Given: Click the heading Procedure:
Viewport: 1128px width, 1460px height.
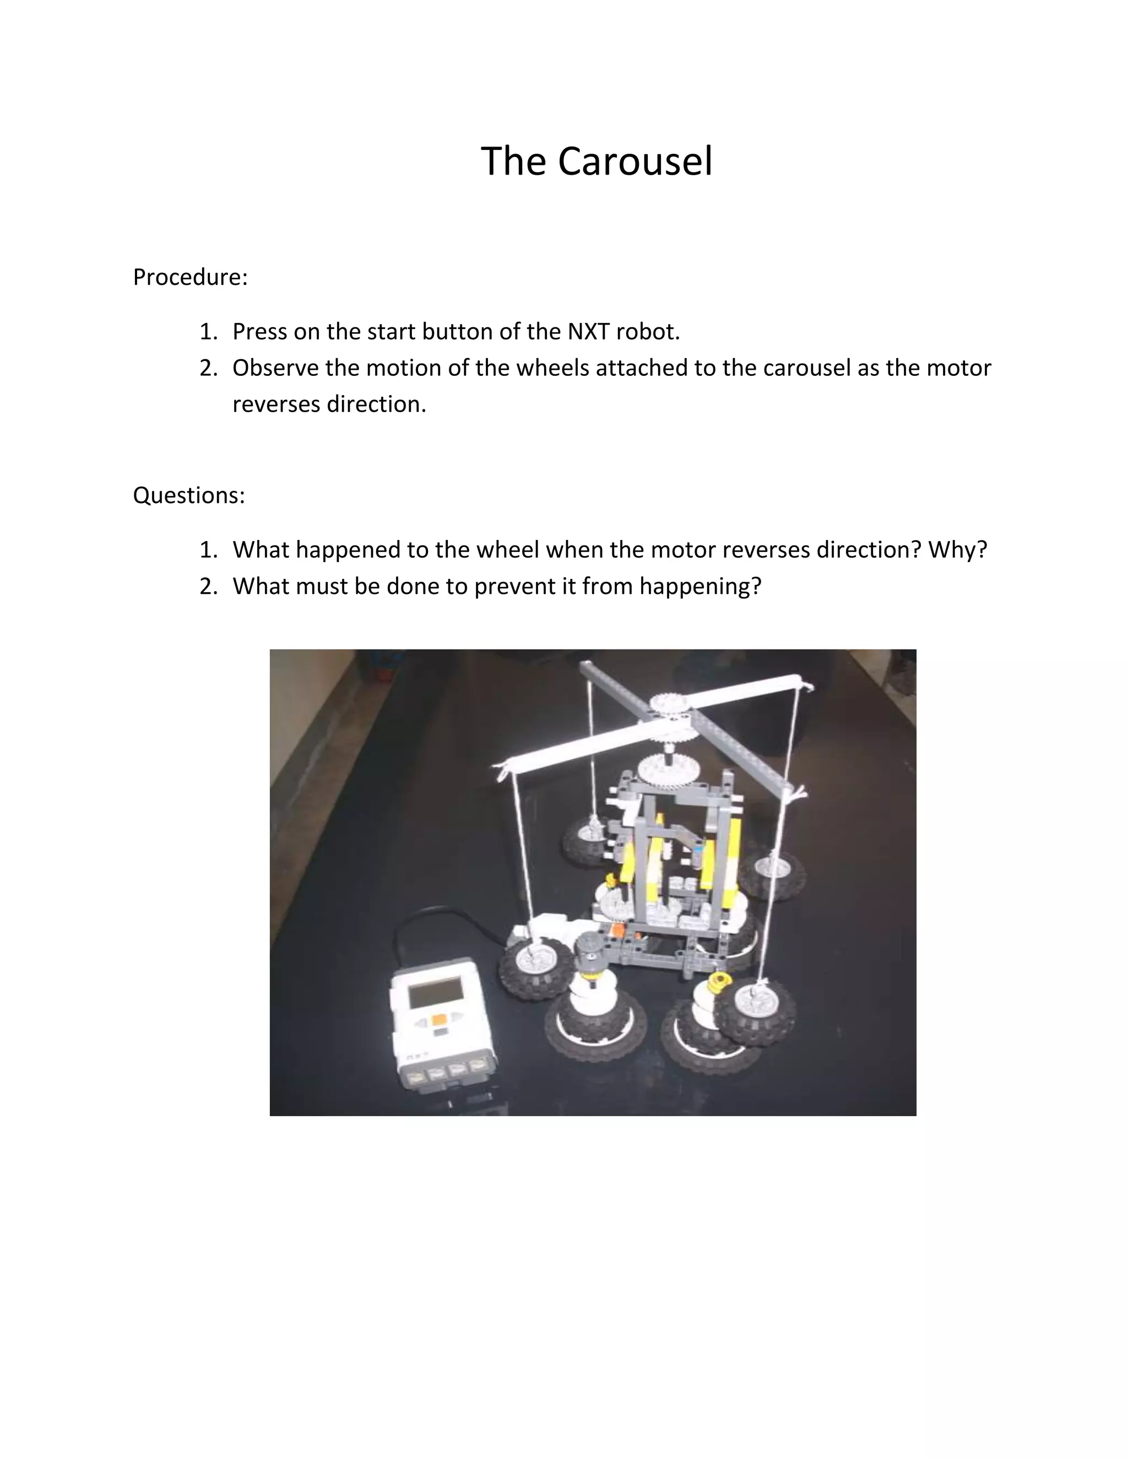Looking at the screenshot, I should [x=191, y=277].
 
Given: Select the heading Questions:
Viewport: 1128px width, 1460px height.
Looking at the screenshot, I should [x=189, y=495].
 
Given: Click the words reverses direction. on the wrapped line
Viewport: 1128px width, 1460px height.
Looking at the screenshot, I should [x=329, y=404].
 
